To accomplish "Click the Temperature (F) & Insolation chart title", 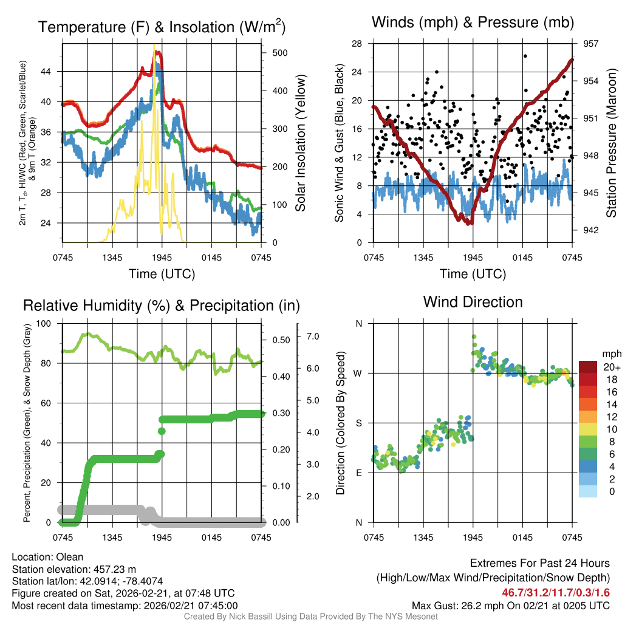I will [162, 27].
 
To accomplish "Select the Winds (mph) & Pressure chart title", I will [473, 23].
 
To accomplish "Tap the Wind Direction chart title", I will [473, 302].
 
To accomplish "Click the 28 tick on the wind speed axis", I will [357, 44].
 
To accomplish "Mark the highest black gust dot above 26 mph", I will [525, 56].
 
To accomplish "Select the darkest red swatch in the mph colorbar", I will [589, 367].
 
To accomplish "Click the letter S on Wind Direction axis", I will [358, 423].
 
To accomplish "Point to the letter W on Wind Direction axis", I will [358, 373].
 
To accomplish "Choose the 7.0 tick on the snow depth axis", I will [313, 336].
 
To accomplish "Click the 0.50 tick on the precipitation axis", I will [280, 340].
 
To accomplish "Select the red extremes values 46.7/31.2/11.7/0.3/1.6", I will [555, 592].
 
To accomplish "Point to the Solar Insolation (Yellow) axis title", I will [300, 143].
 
